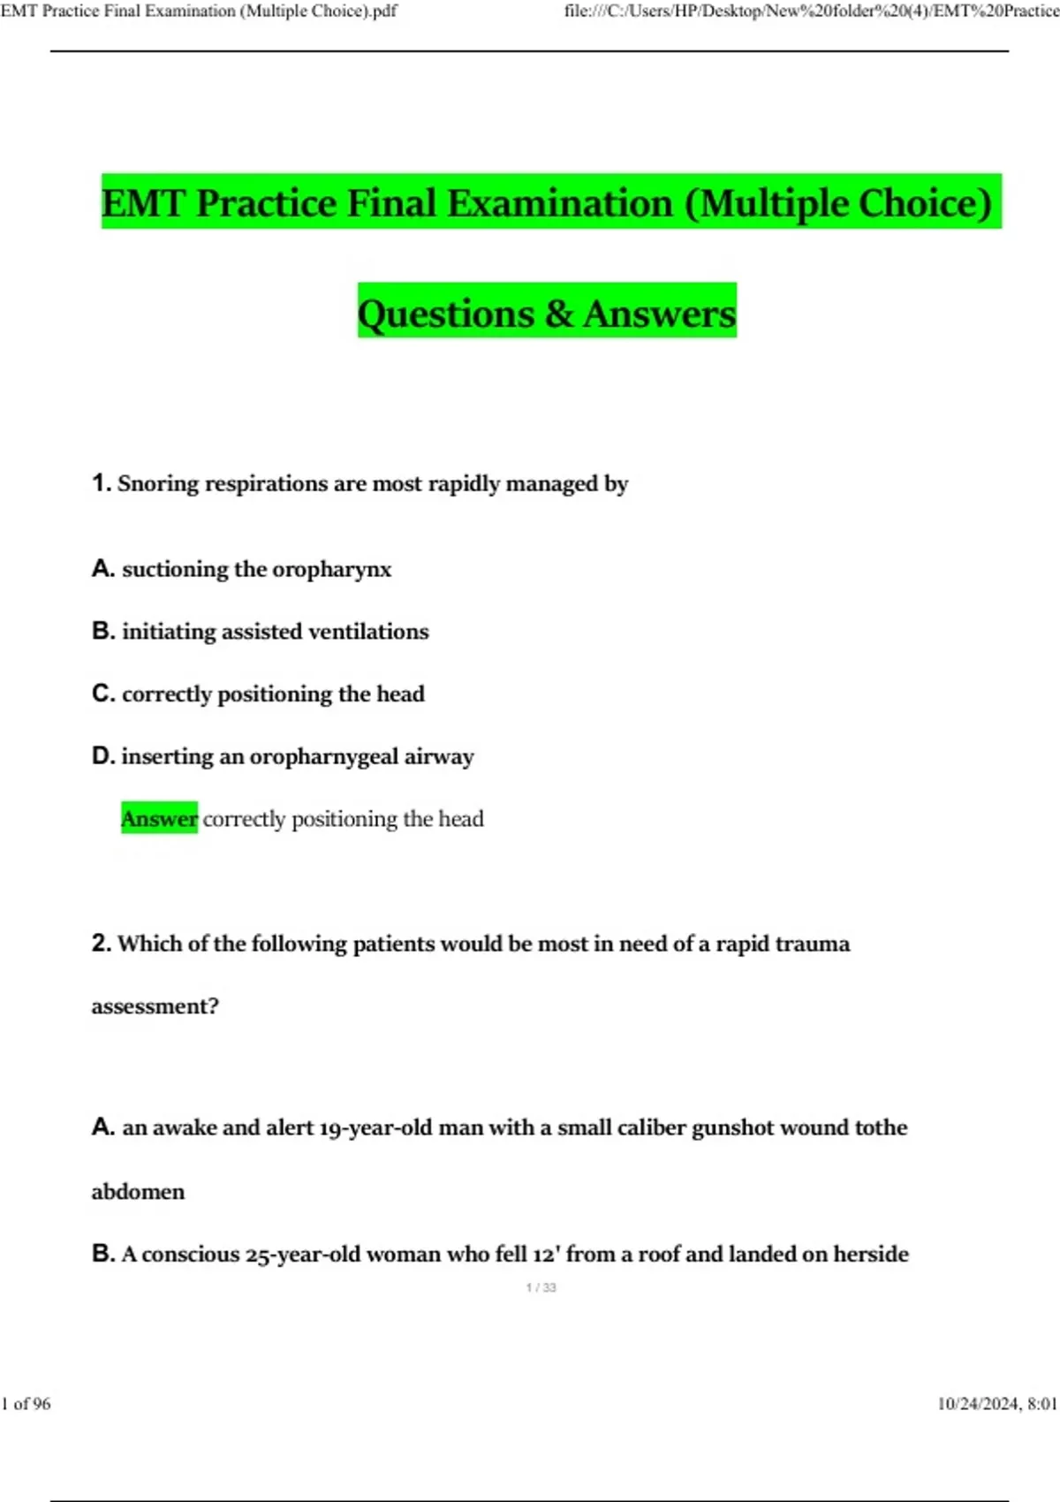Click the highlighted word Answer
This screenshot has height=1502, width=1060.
click(159, 819)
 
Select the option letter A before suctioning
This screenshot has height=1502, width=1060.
click(102, 569)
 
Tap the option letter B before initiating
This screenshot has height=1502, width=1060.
click(102, 632)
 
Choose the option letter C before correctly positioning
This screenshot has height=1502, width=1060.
click(102, 694)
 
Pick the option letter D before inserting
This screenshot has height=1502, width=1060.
click(102, 757)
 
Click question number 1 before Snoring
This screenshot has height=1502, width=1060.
click(101, 483)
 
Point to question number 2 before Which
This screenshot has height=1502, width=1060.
click(101, 944)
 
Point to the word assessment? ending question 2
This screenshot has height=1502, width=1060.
click(155, 1006)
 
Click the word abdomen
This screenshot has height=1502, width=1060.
click(138, 1192)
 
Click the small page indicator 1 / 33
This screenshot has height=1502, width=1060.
click(541, 1288)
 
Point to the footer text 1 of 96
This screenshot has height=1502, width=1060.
click(26, 1404)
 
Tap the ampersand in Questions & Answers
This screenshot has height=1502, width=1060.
click(558, 314)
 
